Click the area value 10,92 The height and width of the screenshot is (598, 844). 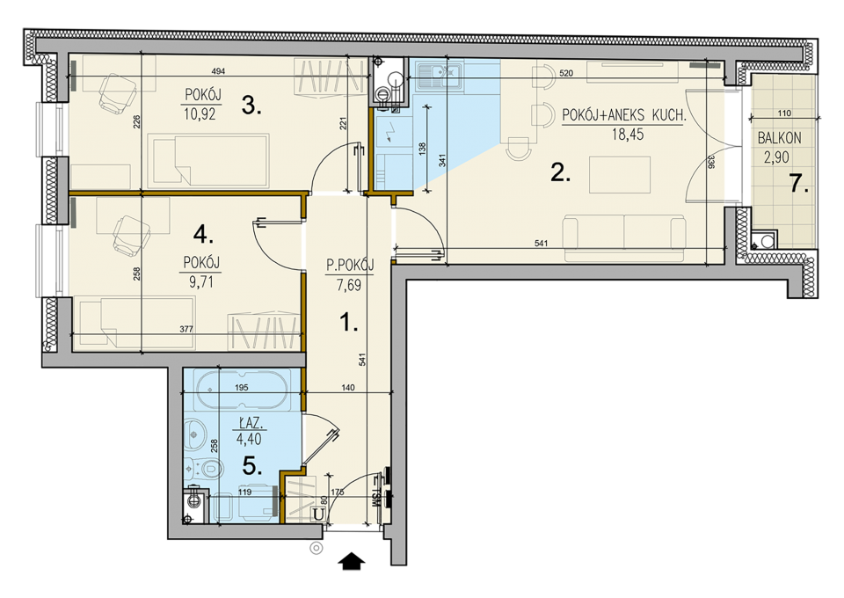[200, 113]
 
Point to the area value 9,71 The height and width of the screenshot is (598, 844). [200, 281]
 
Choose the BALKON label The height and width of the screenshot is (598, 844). [779, 138]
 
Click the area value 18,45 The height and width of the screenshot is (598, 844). [627, 134]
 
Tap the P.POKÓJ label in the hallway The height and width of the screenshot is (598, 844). [350, 265]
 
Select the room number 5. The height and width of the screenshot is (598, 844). [252, 466]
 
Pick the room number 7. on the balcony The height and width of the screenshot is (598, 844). [799, 184]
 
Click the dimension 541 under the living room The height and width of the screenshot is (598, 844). [541, 244]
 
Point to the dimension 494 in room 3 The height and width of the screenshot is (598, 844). [218, 71]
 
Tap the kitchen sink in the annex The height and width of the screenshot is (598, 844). [440, 76]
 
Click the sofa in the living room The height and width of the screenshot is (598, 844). [624, 238]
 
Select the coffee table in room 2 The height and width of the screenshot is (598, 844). [620, 174]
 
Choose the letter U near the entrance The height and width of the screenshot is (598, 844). [318, 514]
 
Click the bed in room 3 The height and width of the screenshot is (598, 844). [208, 161]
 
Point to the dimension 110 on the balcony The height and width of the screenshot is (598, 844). [785, 113]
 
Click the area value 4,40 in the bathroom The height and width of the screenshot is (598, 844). [249, 439]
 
